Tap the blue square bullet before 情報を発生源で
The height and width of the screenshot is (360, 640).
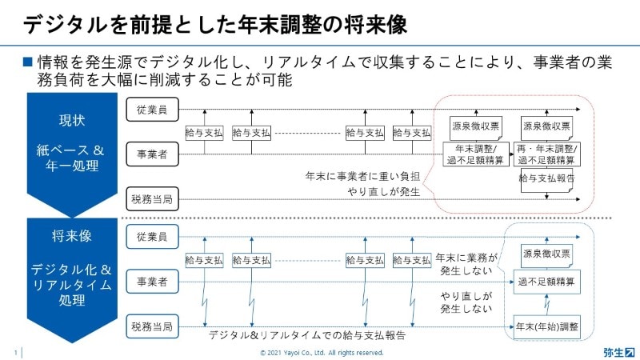[27, 62]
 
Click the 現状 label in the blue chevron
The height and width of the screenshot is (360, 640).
[72, 120]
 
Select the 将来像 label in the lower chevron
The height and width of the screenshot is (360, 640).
[72, 235]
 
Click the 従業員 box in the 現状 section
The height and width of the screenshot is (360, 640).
[152, 110]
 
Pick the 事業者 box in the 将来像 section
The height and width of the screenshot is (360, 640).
[152, 282]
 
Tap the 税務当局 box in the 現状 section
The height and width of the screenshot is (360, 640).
[152, 199]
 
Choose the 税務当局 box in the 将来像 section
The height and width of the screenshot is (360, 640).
[152, 326]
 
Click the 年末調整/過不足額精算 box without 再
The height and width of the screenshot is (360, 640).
[476, 154]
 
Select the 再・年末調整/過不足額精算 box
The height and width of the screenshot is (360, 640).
[547, 154]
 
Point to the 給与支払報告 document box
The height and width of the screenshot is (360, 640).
[547, 179]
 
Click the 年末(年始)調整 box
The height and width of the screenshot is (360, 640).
[547, 327]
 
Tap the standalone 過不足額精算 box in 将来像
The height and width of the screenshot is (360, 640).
[547, 282]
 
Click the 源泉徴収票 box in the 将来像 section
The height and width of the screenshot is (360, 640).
[547, 255]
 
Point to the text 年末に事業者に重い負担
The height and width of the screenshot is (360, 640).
[362, 176]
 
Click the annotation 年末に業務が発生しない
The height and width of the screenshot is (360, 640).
[466, 264]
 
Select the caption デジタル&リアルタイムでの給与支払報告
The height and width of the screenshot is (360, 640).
[307, 335]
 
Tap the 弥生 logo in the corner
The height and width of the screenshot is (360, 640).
[618, 352]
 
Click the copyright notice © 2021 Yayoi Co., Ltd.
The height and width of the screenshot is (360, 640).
[322, 353]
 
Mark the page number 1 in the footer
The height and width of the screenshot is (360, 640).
[16, 353]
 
